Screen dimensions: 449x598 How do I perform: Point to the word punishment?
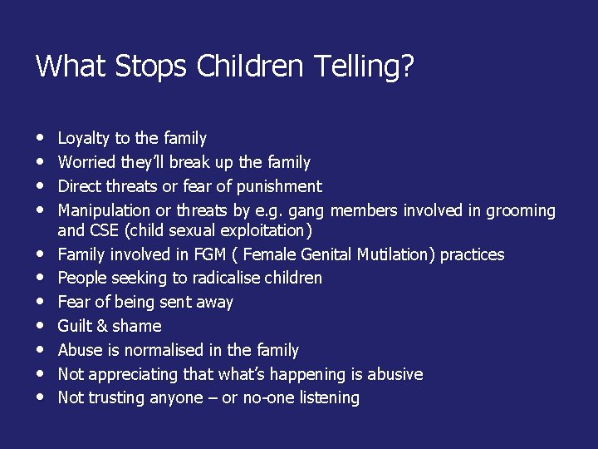click(280, 186)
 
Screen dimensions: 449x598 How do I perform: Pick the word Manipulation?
click(104, 210)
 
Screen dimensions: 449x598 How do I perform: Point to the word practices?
click(472, 254)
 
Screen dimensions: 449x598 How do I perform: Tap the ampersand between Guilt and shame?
click(104, 326)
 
